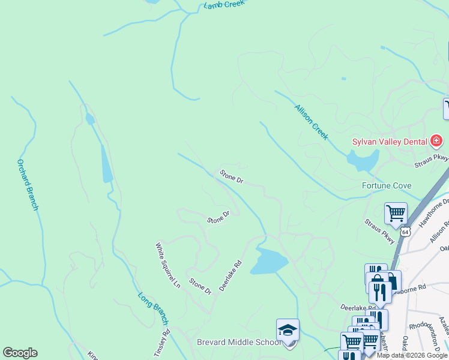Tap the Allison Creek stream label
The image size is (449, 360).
coord(311,122)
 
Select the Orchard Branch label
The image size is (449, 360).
coord(28,184)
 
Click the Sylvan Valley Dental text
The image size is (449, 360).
coord(390,142)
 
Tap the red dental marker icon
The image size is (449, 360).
coord(436,142)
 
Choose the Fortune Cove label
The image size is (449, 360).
coord(386,185)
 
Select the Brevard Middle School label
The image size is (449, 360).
coord(238,342)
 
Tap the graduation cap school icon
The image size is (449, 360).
coord(288,330)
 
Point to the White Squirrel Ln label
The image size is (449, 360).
coord(168,265)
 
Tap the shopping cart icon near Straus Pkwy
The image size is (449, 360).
coord(396,212)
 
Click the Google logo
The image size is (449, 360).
coord(20,353)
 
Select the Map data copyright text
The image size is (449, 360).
coord(412,356)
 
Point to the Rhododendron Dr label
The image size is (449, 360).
coord(427,328)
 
